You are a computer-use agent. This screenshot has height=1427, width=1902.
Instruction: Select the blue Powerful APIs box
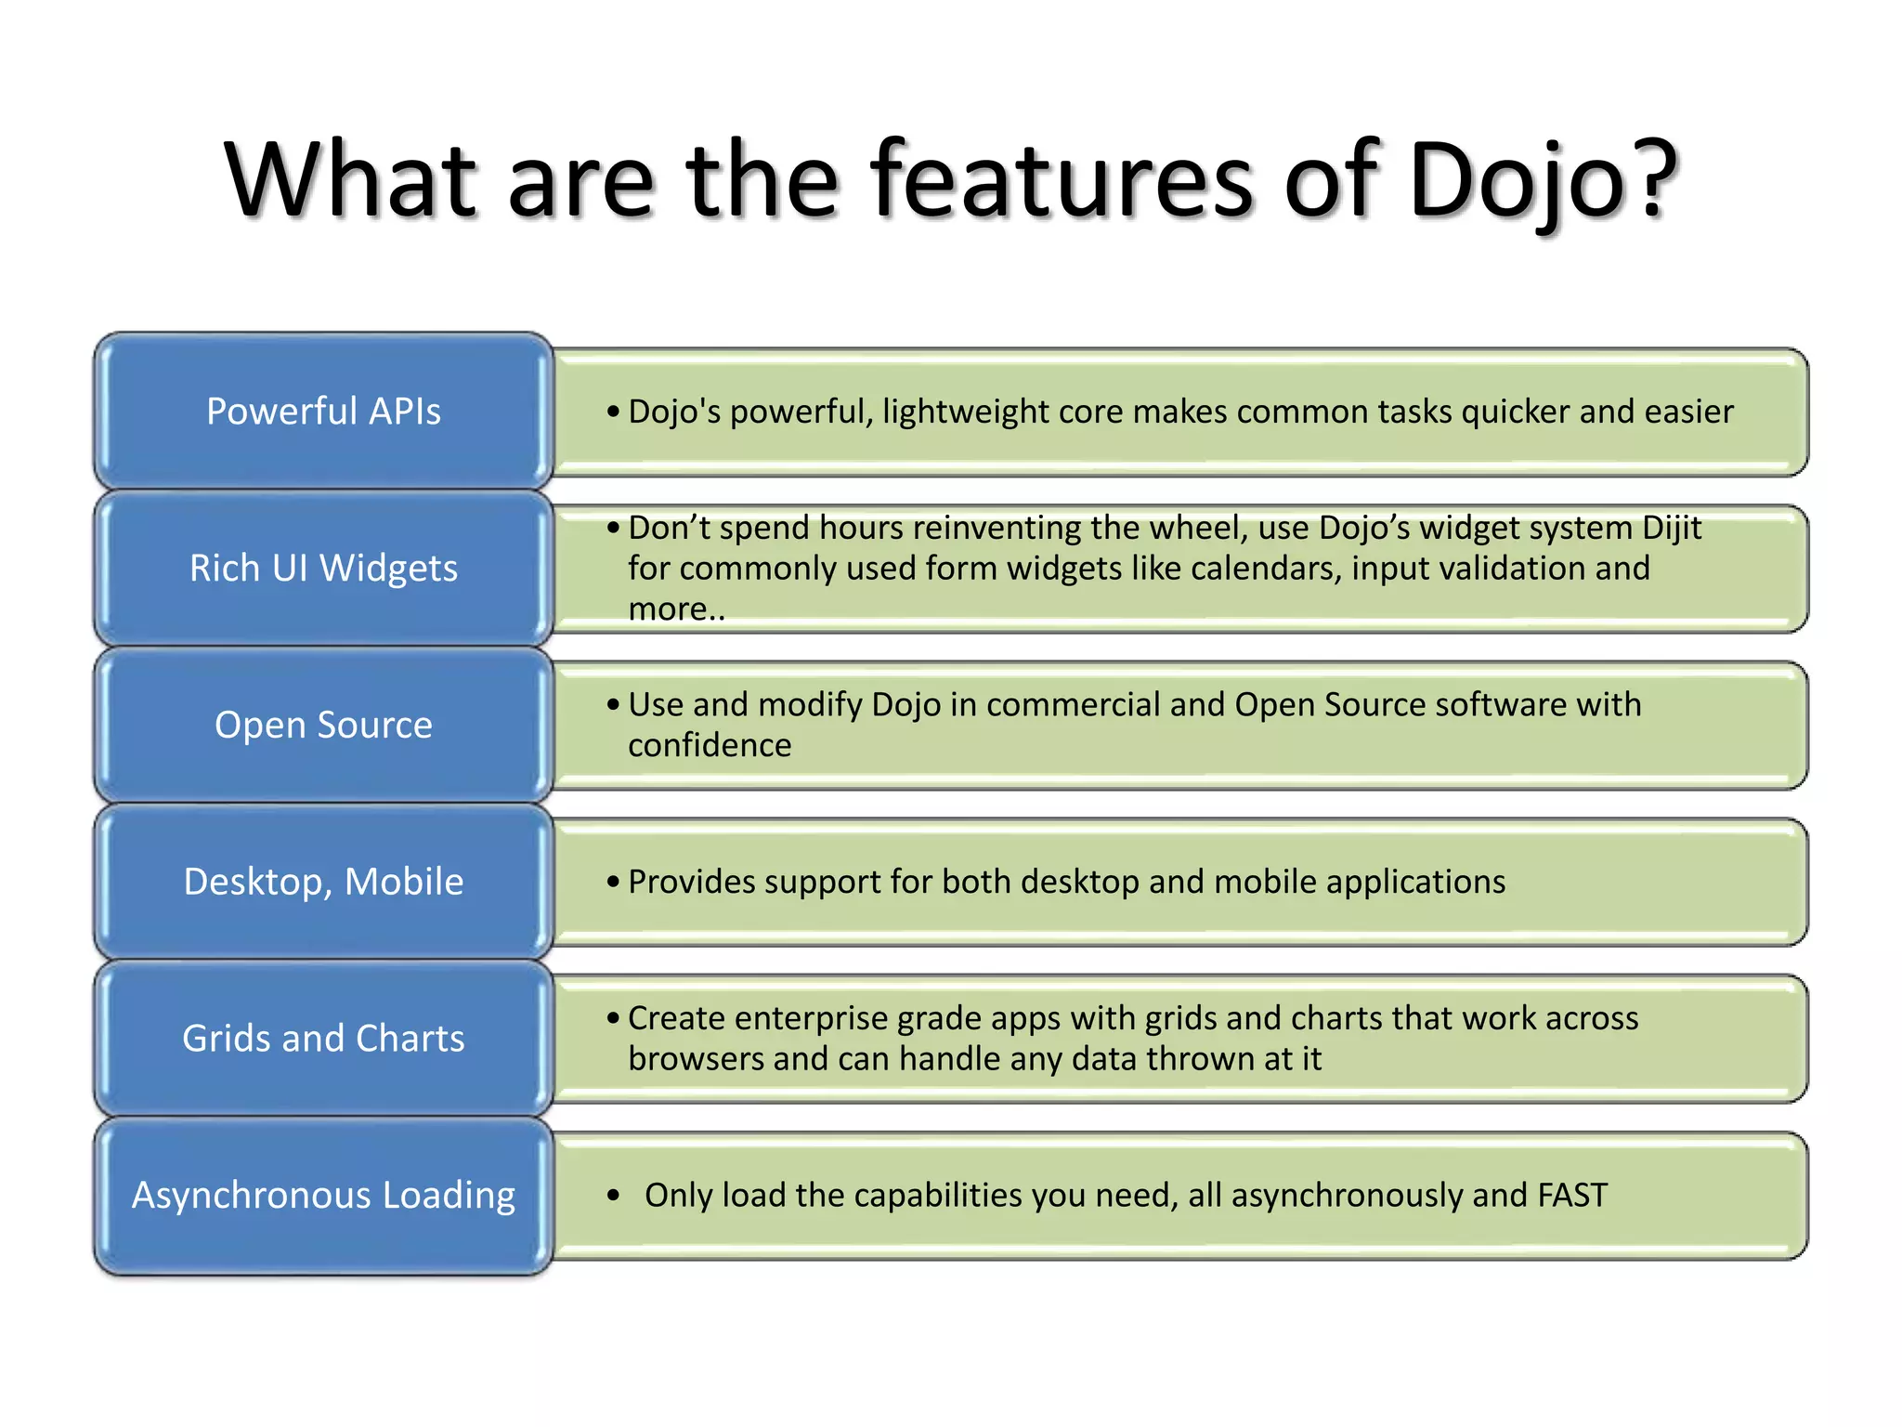coord(323,412)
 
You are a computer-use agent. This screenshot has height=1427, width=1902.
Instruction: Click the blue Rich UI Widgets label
coord(323,568)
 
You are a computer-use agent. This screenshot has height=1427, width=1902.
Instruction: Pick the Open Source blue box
coord(323,725)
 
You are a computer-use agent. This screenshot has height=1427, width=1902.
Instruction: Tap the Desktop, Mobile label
coord(323,882)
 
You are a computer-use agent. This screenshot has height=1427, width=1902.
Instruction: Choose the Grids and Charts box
coord(323,1038)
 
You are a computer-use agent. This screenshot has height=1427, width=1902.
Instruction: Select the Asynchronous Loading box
coord(323,1195)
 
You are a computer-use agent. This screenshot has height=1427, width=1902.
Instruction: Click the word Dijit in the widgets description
coord(1671,528)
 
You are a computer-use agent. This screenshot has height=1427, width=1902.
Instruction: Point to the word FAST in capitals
coord(1572,1195)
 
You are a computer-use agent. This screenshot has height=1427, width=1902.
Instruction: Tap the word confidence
coord(710,745)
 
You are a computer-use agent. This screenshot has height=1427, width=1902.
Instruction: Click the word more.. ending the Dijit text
coord(675,609)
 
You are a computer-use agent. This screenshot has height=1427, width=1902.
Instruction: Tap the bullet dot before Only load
coord(613,1196)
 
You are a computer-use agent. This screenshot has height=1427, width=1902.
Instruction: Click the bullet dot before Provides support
coord(613,882)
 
